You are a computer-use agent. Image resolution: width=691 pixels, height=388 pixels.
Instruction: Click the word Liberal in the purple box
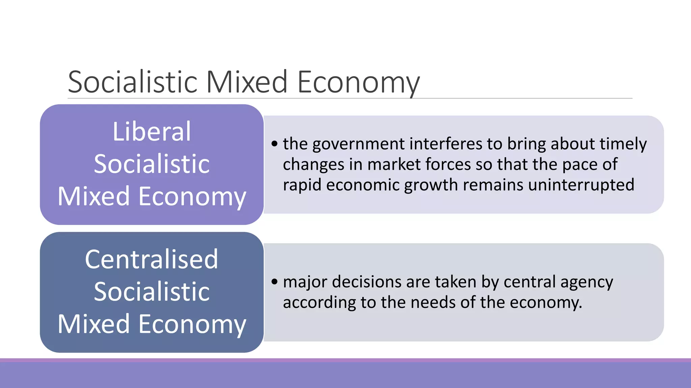[151, 131]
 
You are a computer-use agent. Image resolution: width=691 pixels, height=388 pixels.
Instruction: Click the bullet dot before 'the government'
[275, 144]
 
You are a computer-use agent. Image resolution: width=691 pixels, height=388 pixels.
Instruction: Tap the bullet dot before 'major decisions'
[275, 282]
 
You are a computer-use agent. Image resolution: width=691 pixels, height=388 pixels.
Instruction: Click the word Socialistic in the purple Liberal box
[151, 164]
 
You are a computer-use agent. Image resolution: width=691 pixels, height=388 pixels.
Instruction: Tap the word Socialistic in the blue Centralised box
[151, 291]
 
